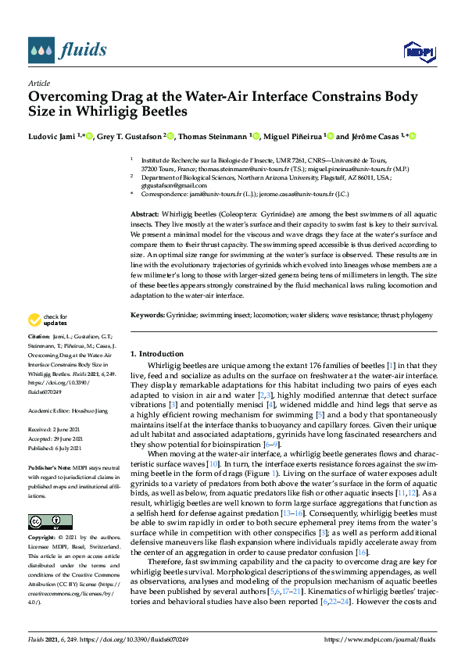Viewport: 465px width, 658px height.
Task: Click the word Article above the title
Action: pos(38,83)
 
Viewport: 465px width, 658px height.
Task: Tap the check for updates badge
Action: pos(46,320)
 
